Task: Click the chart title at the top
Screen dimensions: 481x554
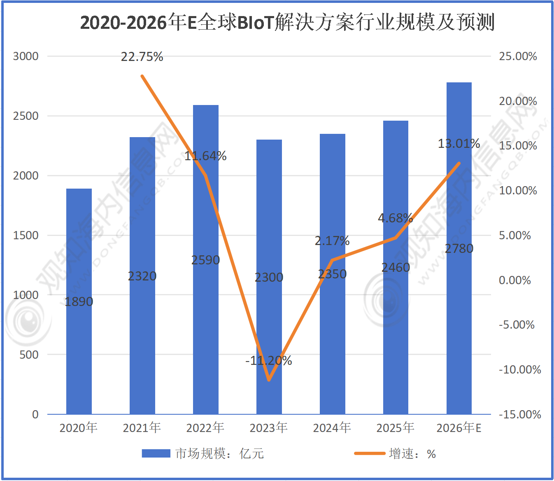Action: pyautogui.click(x=287, y=22)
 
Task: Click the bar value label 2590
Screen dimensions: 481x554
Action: pyautogui.click(x=205, y=260)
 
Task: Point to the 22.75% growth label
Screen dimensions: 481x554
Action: pyautogui.click(x=142, y=57)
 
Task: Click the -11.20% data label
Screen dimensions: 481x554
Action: pyautogui.click(x=269, y=361)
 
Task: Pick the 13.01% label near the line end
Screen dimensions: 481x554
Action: pyautogui.click(x=459, y=144)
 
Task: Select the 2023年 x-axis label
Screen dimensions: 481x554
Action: pyautogui.click(x=268, y=428)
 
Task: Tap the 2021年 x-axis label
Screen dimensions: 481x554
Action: pyautogui.click(x=142, y=428)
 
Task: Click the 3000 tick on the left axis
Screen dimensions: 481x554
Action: pyautogui.click(x=26, y=56)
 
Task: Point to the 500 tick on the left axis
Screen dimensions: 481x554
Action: pyautogui.click(x=29, y=355)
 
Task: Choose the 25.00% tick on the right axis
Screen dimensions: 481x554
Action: pyautogui.click(x=518, y=56)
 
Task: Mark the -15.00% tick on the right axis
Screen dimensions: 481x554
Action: pyautogui.click(x=520, y=414)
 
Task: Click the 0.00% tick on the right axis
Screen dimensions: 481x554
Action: pyautogui.click(x=515, y=280)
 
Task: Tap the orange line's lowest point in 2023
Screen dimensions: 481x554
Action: pyautogui.click(x=269, y=380)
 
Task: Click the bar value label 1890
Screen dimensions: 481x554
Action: pyautogui.click(x=79, y=302)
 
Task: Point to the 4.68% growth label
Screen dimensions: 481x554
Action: pyautogui.click(x=395, y=218)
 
